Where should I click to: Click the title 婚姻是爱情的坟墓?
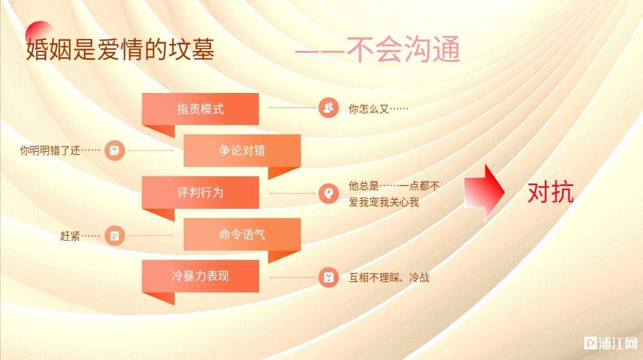pyautogui.click(x=120, y=49)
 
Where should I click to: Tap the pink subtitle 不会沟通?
pyautogui.click(x=404, y=49)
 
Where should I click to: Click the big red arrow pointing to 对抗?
pyautogui.click(x=484, y=192)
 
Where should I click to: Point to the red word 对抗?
pyautogui.click(x=550, y=192)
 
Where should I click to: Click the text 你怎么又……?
pyautogui.click(x=378, y=109)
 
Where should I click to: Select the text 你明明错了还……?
pyautogui.click(x=60, y=151)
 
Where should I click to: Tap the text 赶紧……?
pyautogui.click(x=80, y=236)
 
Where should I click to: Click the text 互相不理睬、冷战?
pyautogui.click(x=389, y=278)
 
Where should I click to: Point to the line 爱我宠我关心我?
pyautogui.click(x=384, y=202)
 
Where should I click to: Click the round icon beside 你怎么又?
pyautogui.click(x=329, y=108)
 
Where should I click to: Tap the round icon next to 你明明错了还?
pyautogui.click(x=115, y=151)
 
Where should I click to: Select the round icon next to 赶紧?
pyautogui.click(x=115, y=236)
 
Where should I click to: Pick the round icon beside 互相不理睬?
pyautogui.click(x=329, y=278)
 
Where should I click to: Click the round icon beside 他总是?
pyautogui.click(x=329, y=193)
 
